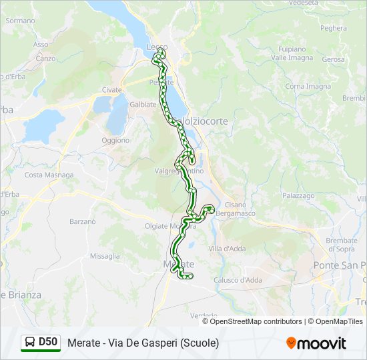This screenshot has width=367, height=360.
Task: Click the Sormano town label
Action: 20,21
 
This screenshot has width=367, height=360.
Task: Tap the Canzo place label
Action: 45,58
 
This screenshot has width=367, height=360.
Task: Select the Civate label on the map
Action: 112,90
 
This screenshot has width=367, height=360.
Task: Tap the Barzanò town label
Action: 82,221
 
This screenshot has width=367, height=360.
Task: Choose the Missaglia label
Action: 105,256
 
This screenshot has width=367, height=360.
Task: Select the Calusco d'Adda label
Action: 238,280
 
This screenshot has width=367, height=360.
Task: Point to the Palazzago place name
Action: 298,196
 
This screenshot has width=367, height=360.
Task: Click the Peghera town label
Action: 334,28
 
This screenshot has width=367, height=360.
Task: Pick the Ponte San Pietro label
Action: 340,265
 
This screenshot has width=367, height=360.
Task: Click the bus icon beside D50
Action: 30,343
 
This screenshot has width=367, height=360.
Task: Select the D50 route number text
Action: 48,342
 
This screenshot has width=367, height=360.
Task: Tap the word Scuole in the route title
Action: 201,343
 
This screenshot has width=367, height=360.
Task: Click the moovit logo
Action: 316,343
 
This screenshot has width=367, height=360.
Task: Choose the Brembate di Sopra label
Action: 342,245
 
